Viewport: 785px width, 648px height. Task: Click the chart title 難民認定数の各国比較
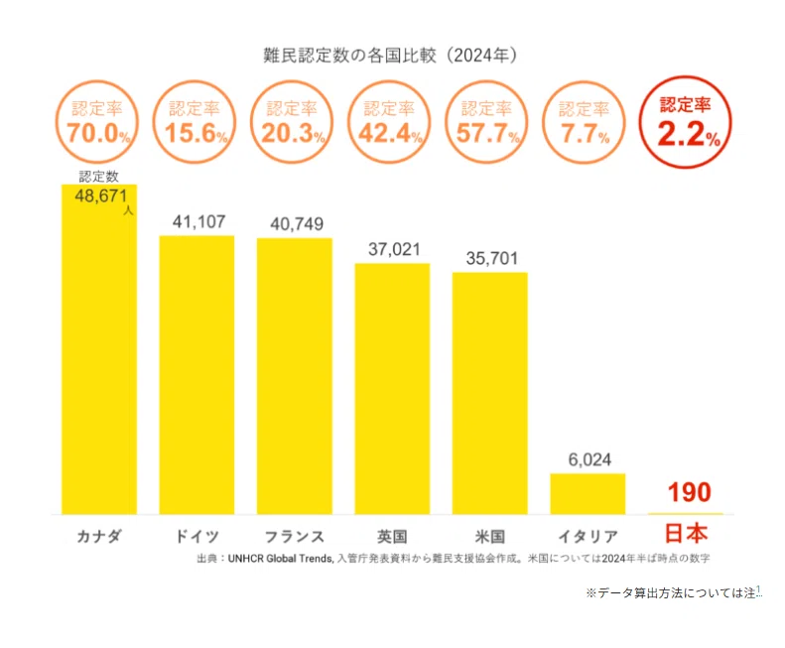click(x=349, y=56)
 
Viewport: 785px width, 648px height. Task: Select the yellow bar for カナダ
click(x=99, y=349)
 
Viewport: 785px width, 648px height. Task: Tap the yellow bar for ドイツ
click(x=196, y=375)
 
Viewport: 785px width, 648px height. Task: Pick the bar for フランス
click(x=295, y=376)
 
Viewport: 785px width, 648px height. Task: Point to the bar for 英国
click(x=392, y=389)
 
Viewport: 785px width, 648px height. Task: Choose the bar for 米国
click(x=489, y=393)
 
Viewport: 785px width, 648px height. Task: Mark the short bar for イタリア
click(x=588, y=494)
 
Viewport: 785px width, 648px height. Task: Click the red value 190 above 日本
click(x=690, y=492)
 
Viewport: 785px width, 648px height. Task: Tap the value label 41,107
click(x=198, y=221)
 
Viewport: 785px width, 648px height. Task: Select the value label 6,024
click(x=589, y=459)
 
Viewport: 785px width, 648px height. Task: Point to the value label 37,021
click(x=394, y=249)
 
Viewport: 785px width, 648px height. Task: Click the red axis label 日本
click(x=686, y=533)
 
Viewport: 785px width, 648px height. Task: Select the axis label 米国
click(x=489, y=536)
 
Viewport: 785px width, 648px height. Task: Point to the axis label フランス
click(x=295, y=536)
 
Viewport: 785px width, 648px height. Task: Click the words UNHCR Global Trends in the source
click(x=280, y=559)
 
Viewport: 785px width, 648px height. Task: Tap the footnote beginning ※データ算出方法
click(x=674, y=592)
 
